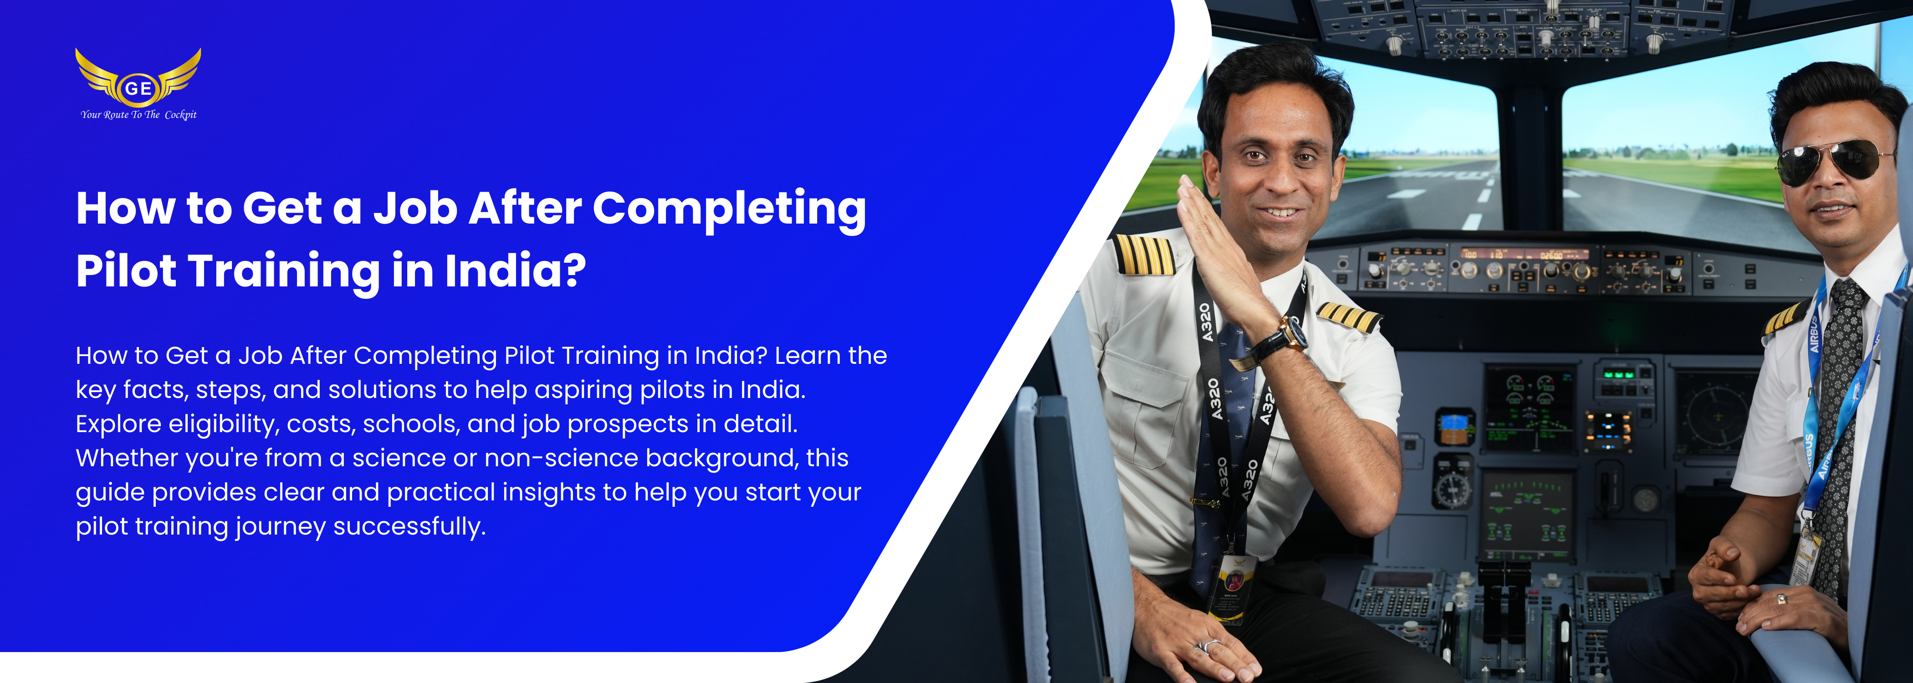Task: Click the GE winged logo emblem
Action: [x=138, y=77]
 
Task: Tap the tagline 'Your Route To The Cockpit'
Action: [x=139, y=114]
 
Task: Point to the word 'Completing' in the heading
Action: [x=729, y=209]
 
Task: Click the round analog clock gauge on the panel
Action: [x=1452, y=489]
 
